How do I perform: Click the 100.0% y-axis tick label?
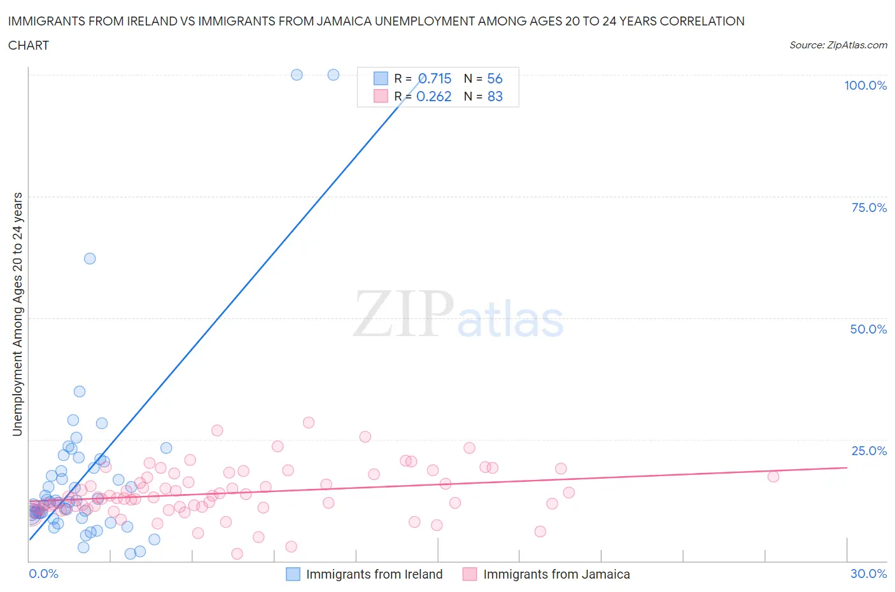(865, 85)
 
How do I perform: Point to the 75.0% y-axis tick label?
(869, 208)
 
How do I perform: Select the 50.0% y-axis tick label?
(868, 329)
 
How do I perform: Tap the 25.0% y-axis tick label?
(869, 451)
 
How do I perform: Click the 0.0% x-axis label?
(43, 574)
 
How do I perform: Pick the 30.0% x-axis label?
(868, 574)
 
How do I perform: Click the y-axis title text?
(17, 314)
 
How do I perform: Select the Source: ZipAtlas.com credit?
(838, 45)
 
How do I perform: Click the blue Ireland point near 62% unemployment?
(90, 258)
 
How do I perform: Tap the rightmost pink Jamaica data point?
(773, 476)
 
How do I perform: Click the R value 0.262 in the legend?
(433, 96)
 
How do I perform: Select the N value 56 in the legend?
(495, 78)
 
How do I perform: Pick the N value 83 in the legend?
(495, 96)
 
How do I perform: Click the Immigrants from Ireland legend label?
(374, 574)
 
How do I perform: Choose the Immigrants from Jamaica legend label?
(556, 574)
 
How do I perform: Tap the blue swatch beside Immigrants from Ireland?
(293, 574)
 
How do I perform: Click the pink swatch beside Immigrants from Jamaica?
(470, 574)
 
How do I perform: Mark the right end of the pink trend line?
(847, 467)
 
